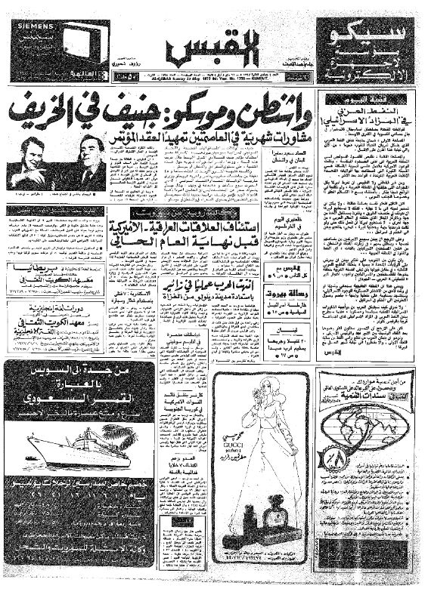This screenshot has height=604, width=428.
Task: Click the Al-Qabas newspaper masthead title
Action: [215, 47]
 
